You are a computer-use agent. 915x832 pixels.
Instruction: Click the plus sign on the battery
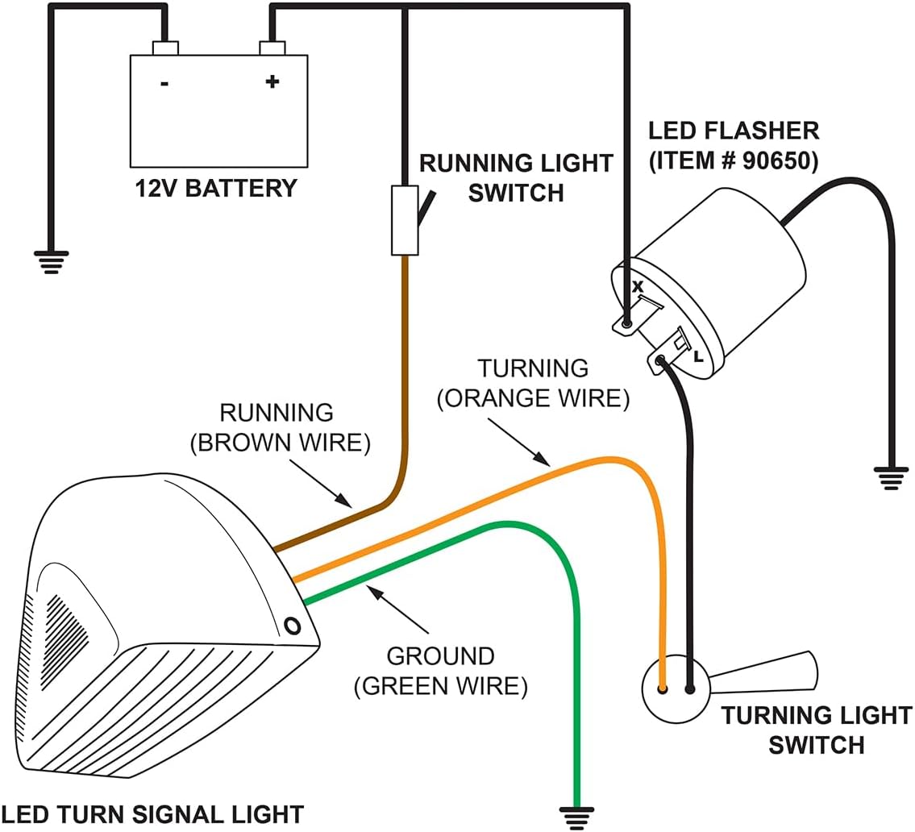tap(272, 81)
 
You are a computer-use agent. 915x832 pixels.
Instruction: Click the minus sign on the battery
tap(164, 84)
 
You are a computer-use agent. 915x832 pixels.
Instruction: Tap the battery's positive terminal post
tap(272, 48)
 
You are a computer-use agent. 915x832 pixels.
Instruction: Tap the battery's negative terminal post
tap(165, 48)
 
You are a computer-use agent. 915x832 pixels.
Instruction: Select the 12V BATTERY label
tap(216, 189)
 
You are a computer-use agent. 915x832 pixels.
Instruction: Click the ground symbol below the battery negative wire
tap(52, 263)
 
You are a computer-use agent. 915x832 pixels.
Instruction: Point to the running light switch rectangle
tap(405, 220)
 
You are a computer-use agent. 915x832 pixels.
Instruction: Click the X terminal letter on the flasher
tap(638, 286)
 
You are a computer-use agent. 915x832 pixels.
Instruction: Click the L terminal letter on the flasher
tap(698, 356)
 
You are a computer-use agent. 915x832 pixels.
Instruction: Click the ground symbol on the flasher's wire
tap(891, 478)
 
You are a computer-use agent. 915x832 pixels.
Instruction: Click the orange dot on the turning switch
tap(663, 689)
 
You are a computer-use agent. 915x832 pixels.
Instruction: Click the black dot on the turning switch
tap(690, 689)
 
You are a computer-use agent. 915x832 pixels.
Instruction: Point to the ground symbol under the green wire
tap(576, 818)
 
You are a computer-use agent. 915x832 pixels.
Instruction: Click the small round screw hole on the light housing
tap(293, 626)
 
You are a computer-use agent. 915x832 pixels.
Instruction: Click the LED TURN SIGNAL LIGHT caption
tap(152, 814)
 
